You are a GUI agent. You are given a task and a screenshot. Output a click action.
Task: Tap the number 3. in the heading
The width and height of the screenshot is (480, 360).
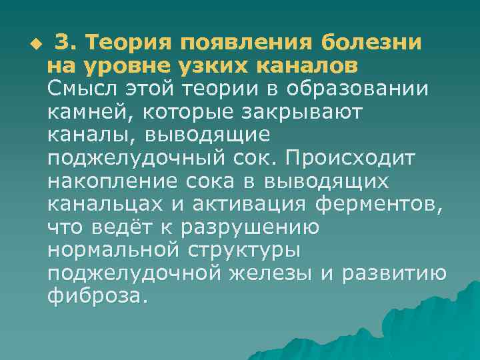67,43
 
